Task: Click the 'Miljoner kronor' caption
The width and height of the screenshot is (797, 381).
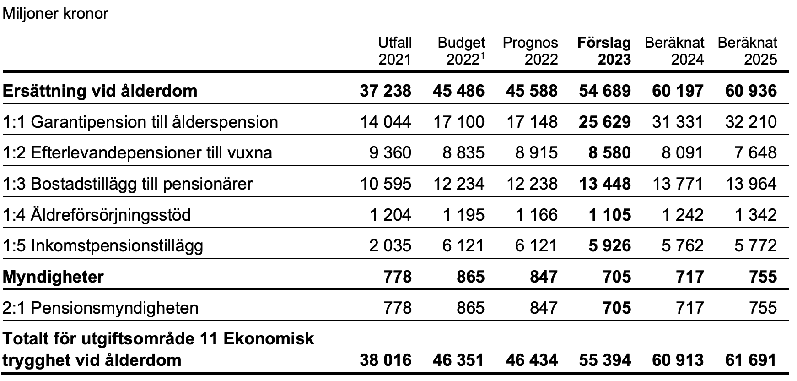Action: [x=55, y=13]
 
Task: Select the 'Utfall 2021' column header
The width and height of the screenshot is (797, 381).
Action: [x=395, y=51]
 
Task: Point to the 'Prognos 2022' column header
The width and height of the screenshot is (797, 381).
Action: [x=530, y=51]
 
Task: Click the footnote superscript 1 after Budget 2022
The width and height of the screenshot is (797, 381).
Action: [x=483, y=55]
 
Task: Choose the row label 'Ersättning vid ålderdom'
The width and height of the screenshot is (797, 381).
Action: [x=100, y=91]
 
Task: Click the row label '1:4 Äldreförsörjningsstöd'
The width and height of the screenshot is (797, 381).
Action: [x=97, y=215]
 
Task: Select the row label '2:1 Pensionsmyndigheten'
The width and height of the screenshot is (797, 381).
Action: [x=101, y=308]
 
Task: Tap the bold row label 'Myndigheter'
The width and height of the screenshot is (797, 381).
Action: [x=53, y=277]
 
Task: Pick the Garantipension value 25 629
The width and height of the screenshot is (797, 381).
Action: [x=604, y=122]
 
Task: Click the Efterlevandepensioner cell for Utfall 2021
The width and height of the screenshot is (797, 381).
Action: [x=390, y=152]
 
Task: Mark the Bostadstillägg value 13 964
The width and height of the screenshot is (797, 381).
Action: [x=751, y=184]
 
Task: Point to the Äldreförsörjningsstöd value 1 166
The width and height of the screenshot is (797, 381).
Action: [x=536, y=215]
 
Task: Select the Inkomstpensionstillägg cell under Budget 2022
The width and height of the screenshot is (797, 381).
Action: [x=463, y=246]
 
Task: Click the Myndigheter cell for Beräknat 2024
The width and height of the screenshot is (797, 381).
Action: [x=689, y=277]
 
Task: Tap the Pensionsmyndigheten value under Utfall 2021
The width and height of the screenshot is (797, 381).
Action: [x=397, y=308]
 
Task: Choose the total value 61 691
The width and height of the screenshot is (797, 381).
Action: [x=751, y=360]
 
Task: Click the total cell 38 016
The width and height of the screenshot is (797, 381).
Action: [x=385, y=360]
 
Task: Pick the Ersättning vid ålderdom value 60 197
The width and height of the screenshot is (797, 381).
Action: [x=678, y=91]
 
